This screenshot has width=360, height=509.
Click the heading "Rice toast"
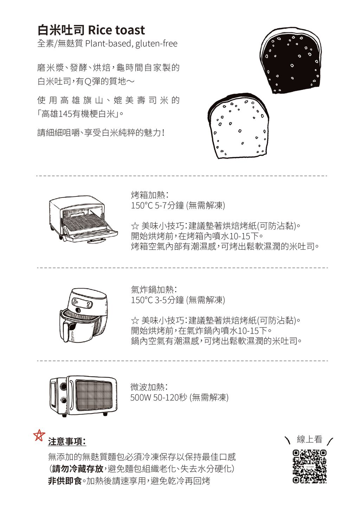coord(116,30)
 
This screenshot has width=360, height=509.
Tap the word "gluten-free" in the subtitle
coord(156,44)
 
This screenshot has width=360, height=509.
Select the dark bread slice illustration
coord(290,60)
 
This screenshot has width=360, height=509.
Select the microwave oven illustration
coord(83,395)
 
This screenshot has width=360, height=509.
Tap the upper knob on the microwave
coord(63,387)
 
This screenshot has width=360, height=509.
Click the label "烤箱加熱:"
coord(149,195)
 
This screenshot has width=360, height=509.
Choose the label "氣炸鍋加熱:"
coord(154,290)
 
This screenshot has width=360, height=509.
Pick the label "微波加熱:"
coord(149,387)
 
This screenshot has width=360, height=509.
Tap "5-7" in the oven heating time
coord(160,206)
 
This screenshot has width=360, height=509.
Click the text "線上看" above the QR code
coord(309,439)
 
